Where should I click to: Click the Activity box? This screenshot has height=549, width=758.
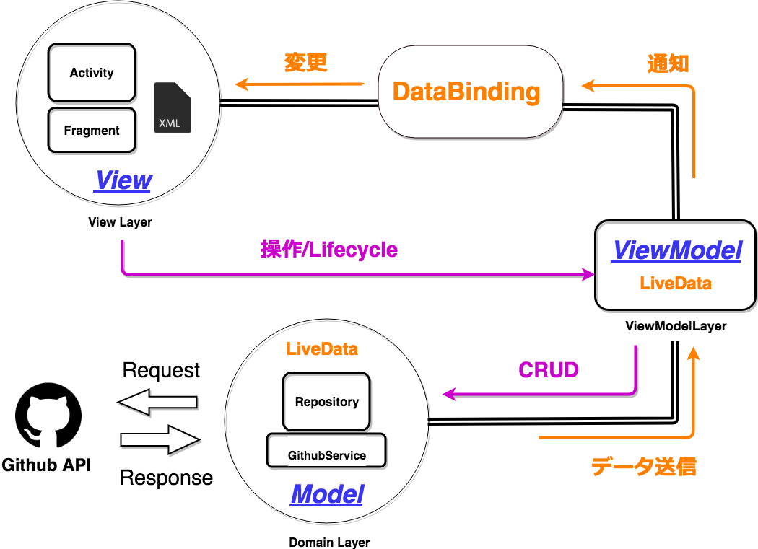pos(92,73)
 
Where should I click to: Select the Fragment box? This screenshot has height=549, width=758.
pos(92,131)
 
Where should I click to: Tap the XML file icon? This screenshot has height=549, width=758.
pos(173,107)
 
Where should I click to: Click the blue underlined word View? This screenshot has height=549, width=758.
pos(123,180)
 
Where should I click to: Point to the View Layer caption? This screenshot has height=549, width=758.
pos(120,222)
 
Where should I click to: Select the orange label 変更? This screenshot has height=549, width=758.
pos(306,63)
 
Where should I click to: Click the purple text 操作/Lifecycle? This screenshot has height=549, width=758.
pos(328,250)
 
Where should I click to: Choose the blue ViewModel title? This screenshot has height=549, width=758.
pos(676,251)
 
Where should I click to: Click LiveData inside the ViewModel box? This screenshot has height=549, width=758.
pos(676,284)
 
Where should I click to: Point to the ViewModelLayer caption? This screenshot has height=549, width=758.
pos(676,326)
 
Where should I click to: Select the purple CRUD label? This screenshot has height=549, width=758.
pos(549,370)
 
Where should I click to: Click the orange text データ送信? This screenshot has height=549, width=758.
pos(643,467)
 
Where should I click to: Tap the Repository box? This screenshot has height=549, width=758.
pos(326,402)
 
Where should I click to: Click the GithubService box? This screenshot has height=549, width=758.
pos(326,455)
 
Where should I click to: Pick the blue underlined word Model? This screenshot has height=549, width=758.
pos(326,495)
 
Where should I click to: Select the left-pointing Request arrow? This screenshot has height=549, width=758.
pos(157,402)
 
